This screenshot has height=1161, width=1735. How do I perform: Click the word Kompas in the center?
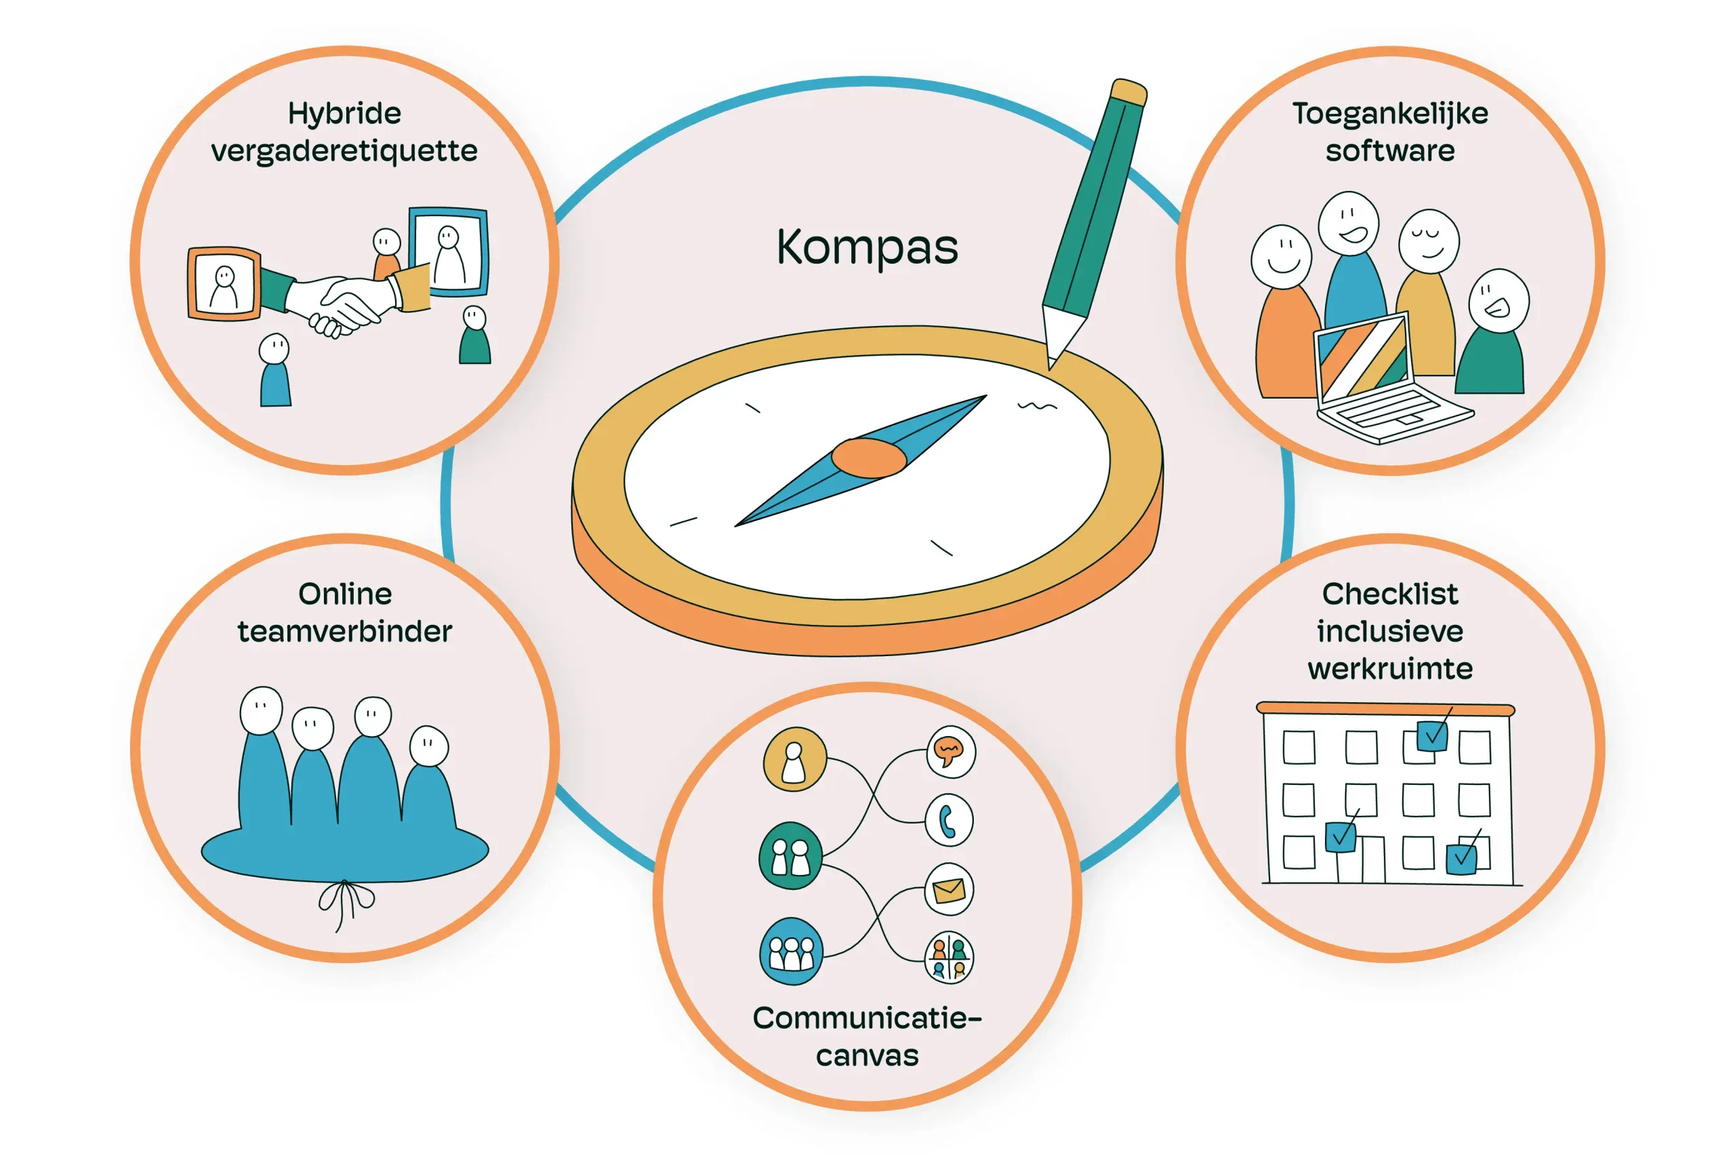[867, 247]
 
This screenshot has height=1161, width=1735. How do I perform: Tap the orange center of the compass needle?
[868, 457]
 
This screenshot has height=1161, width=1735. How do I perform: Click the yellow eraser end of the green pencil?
[1129, 91]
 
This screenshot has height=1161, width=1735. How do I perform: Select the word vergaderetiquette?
[344, 152]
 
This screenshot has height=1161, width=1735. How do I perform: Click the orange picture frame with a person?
[224, 285]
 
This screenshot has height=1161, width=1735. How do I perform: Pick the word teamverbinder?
[344, 632]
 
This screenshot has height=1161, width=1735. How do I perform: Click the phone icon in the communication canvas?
[948, 820]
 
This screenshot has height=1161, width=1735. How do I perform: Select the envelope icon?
[949, 889]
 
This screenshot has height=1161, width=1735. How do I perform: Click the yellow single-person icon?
[794, 759]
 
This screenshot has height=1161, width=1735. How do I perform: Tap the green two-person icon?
[790, 856]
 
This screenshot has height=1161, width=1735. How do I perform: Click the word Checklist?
[1389, 594]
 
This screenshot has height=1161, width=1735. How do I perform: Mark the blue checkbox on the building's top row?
[1431, 735]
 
